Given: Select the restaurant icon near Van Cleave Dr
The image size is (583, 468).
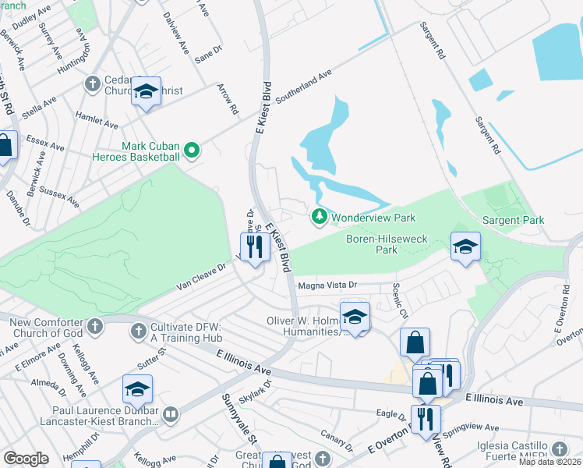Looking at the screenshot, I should [x=254, y=249].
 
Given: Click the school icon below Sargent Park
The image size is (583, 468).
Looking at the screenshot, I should [x=465, y=247].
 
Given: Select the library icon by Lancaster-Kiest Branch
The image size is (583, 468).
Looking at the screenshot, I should [x=171, y=413].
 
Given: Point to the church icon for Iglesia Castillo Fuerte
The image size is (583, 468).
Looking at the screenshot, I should [x=559, y=449].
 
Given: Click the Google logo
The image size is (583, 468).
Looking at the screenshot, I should [x=26, y=459].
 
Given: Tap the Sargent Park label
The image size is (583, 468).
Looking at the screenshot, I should [x=513, y=221].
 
